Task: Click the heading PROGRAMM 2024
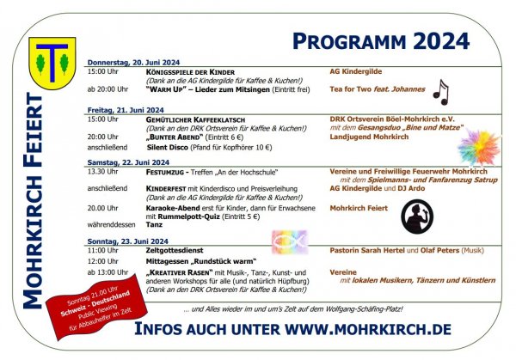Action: [x=380, y=40]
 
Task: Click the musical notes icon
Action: [x=440, y=91]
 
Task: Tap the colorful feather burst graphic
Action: [x=479, y=143]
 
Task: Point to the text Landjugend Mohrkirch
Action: [x=369, y=137]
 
